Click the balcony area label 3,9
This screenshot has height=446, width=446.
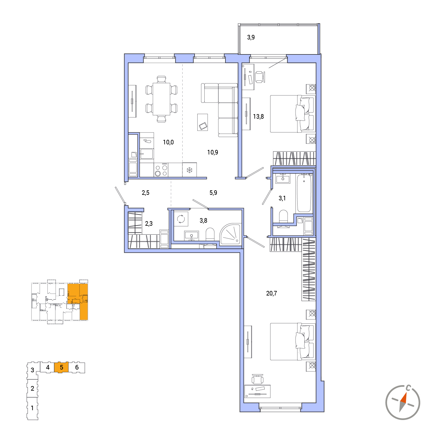(251, 37)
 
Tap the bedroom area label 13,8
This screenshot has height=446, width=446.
(258, 117)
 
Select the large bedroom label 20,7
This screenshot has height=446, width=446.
(271, 293)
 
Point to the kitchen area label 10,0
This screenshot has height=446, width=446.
(168, 142)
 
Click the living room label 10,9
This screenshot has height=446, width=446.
(213, 152)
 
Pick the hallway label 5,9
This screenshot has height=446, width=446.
(213, 193)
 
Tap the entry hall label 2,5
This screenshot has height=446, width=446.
(145, 193)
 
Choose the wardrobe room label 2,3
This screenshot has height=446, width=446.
(149, 224)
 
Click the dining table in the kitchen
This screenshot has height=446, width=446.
(161, 99)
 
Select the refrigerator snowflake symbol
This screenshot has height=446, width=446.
(189, 170)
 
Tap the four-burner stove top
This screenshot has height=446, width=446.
(161, 170)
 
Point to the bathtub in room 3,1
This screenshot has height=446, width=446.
(304, 193)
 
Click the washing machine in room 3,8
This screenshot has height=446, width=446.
(181, 219)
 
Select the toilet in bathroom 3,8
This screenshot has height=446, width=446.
(210, 234)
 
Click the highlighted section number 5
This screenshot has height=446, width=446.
(61, 367)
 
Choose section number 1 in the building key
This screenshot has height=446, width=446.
(32, 408)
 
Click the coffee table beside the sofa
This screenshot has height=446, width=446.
(202, 122)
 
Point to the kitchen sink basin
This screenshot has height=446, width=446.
(147, 154)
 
